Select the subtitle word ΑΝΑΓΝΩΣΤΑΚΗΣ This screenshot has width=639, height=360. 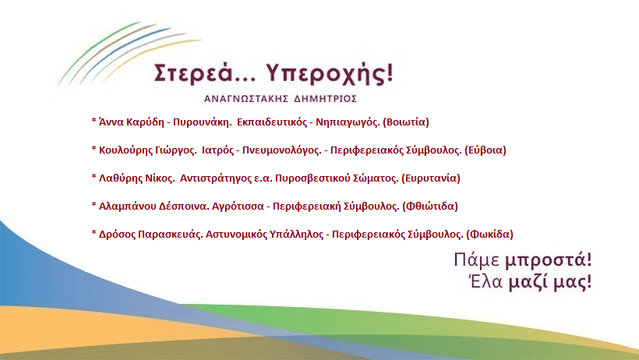click(x=246, y=99)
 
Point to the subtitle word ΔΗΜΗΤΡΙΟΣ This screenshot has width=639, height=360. click(x=325, y=99)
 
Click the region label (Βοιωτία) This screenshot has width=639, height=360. click(x=406, y=122)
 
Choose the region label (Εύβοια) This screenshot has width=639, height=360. click(x=485, y=150)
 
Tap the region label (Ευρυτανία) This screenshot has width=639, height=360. click(x=431, y=178)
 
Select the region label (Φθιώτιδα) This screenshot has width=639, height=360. click(x=430, y=206)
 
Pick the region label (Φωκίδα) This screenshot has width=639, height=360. click(x=489, y=235)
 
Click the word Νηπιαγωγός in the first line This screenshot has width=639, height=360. click(x=348, y=122)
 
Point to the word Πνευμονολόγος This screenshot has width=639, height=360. click(x=282, y=151)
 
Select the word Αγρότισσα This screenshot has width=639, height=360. click(x=238, y=206)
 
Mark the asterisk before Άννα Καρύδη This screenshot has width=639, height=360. click(x=94, y=121)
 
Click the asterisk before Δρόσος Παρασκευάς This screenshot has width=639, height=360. click(x=94, y=233)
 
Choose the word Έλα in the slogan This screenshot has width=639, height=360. click(x=485, y=282)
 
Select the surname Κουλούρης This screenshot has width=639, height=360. click(x=126, y=151)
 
